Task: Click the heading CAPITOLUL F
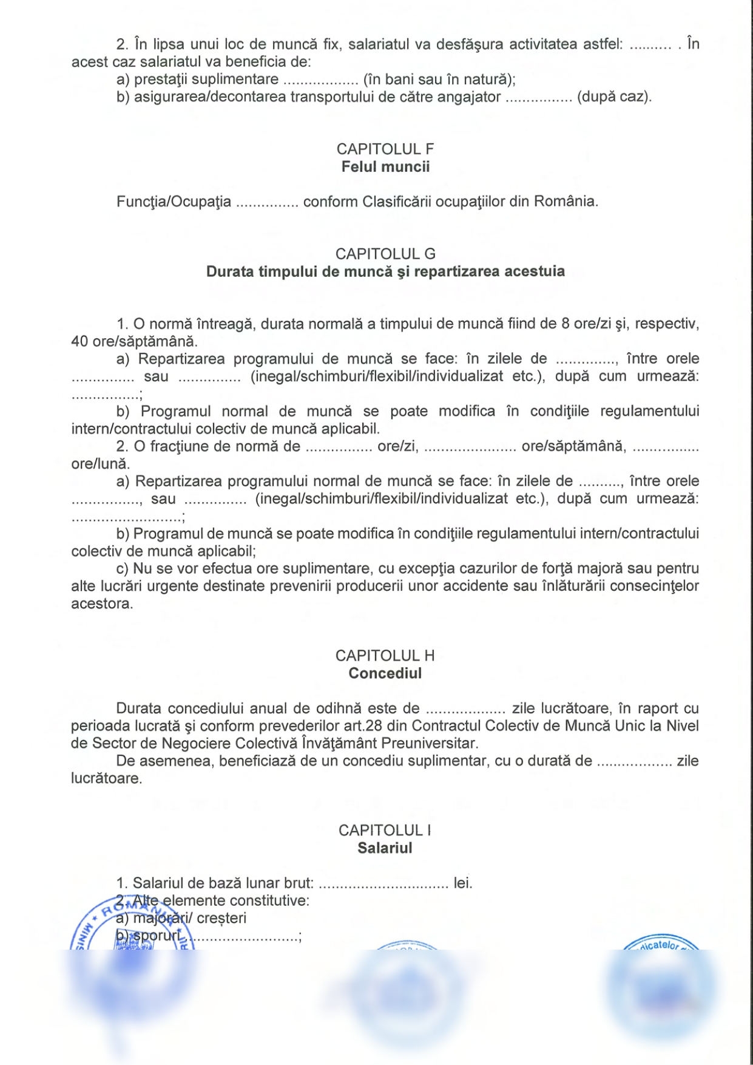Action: [x=385, y=149]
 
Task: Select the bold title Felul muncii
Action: [x=385, y=167]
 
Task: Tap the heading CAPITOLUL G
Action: [x=385, y=254]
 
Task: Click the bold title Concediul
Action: [x=385, y=673]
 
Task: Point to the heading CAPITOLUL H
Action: [x=385, y=656]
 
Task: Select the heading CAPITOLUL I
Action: [x=385, y=830]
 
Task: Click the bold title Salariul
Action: [x=385, y=848]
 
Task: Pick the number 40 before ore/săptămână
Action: [x=79, y=341]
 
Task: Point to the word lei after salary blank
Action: [x=462, y=883]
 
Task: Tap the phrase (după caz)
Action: [x=614, y=97]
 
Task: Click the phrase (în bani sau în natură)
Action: [x=439, y=80]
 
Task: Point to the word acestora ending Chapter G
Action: [x=101, y=604]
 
